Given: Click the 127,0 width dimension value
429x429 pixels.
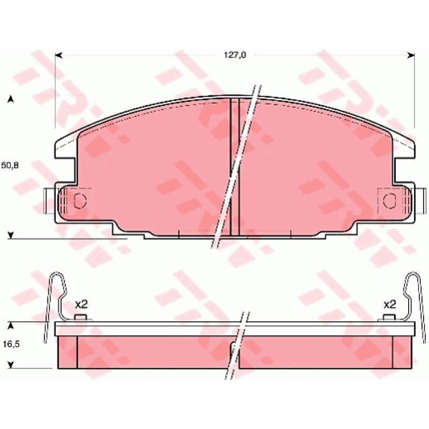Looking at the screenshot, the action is [x=235, y=55].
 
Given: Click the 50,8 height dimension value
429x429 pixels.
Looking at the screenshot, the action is [x=10, y=165].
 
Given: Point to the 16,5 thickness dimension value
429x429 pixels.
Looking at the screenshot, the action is [x=11, y=344].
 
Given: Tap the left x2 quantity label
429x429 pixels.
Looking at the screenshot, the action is [x=81, y=304].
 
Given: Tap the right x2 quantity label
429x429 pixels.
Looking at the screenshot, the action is [x=390, y=304].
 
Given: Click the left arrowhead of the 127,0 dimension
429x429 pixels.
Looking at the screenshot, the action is [x=58, y=56].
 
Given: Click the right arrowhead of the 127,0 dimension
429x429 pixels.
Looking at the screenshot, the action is [x=411, y=56].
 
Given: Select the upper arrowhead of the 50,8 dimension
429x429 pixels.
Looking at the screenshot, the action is [x=11, y=99].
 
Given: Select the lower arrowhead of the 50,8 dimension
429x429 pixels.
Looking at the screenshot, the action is [x=11, y=235].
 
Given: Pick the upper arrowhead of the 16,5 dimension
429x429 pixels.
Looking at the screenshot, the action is [x=11, y=326].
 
